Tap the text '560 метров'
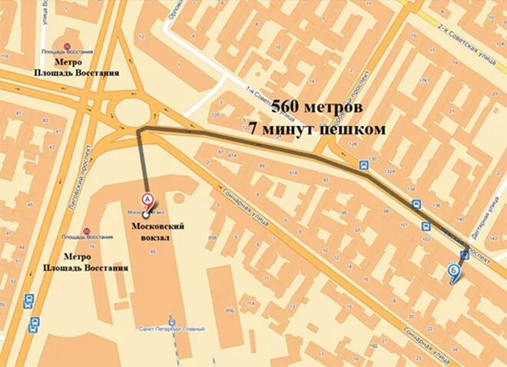click(x=317, y=107)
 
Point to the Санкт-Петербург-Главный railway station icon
click(x=173, y=321)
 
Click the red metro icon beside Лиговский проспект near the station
click(x=86, y=231)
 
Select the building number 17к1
click(x=422, y=81)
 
